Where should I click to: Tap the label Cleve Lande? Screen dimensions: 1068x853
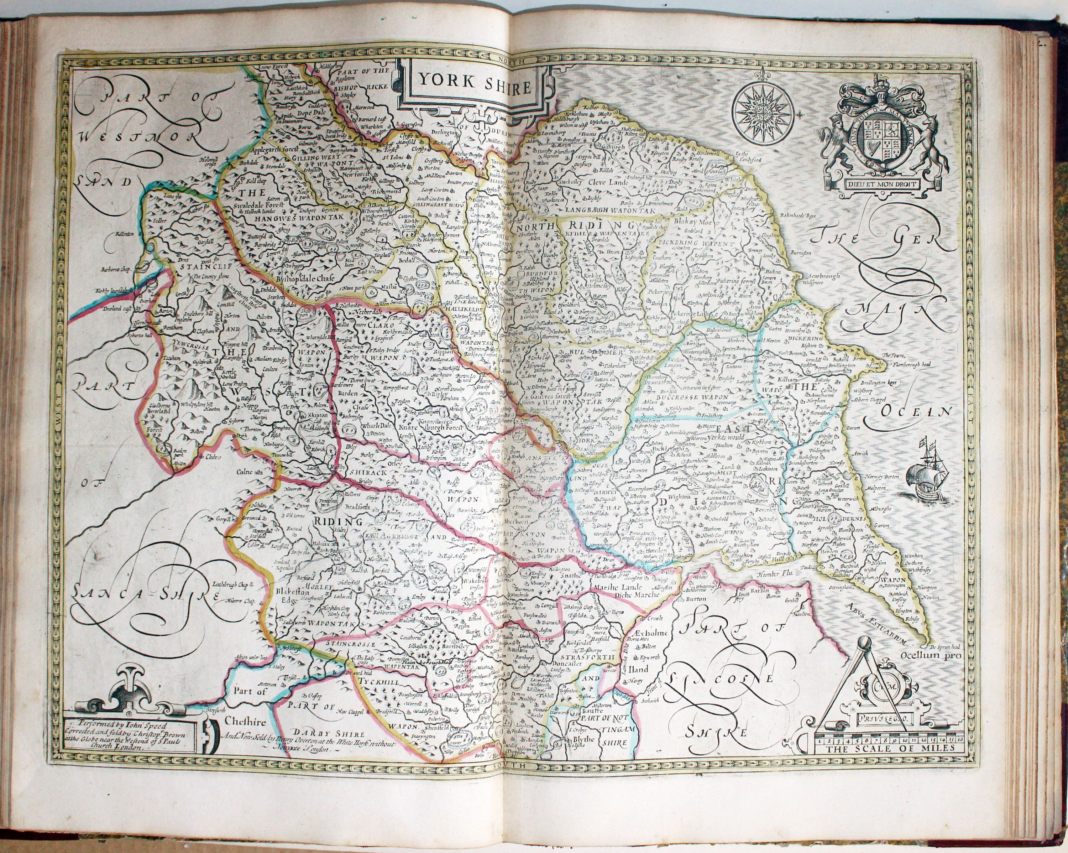click(608, 182)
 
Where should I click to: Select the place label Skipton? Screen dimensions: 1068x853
click(319, 414)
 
